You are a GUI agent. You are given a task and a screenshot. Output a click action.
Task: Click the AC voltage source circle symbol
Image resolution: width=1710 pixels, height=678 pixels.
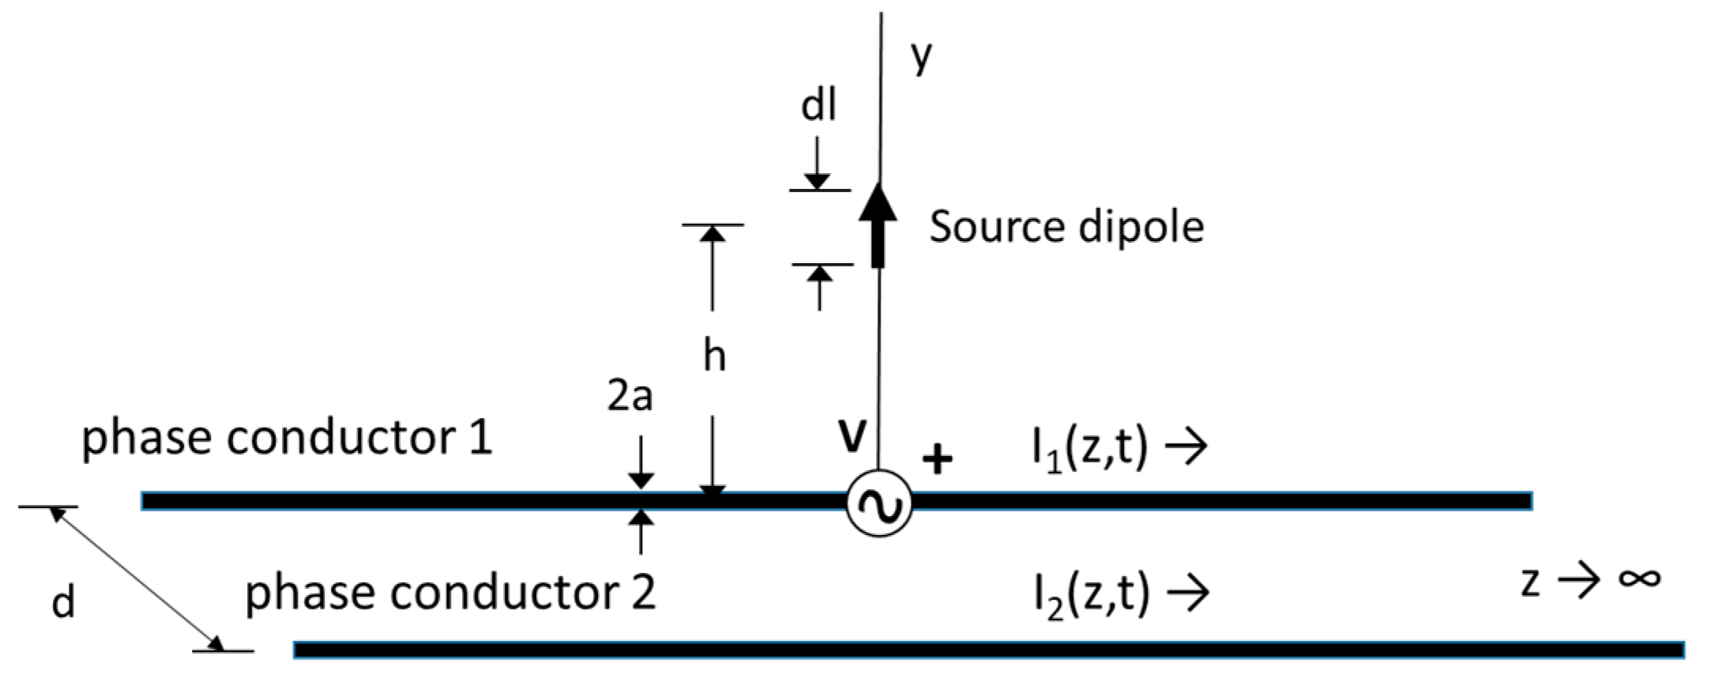point(878,503)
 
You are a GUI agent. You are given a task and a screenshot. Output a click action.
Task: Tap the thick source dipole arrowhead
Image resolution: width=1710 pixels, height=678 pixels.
point(878,203)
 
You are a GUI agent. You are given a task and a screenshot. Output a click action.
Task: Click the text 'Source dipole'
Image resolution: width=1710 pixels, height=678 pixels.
point(1066,227)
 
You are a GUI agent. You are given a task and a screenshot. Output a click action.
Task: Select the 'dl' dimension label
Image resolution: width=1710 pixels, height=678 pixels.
point(818,105)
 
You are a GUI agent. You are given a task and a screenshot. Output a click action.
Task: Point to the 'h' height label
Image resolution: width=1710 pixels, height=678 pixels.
point(714,356)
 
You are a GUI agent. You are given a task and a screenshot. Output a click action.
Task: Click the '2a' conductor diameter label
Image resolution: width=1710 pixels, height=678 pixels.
point(630,396)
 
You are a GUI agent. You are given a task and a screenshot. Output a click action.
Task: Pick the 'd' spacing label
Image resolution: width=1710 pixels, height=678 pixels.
point(63,603)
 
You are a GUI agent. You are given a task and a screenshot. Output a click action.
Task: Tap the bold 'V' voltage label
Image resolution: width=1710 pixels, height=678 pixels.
point(852,436)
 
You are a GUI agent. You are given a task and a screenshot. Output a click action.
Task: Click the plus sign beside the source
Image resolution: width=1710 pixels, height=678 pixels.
point(938,459)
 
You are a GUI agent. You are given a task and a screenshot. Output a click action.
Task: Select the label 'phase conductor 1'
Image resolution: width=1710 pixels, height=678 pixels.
point(287,437)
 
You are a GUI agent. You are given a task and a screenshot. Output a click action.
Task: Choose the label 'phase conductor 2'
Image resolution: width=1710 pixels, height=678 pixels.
point(450,592)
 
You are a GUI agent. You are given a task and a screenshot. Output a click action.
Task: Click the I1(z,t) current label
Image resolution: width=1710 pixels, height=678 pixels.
point(1090,448)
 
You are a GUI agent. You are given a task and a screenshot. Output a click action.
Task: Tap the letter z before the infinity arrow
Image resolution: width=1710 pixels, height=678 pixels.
point(1530,582)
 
